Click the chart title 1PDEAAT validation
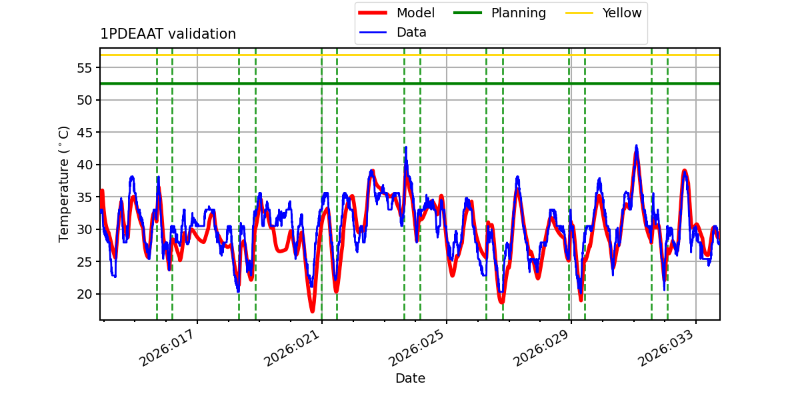(x=168, y=34)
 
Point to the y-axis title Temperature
(x=64, y=183)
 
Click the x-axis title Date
(x=410, y=378)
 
